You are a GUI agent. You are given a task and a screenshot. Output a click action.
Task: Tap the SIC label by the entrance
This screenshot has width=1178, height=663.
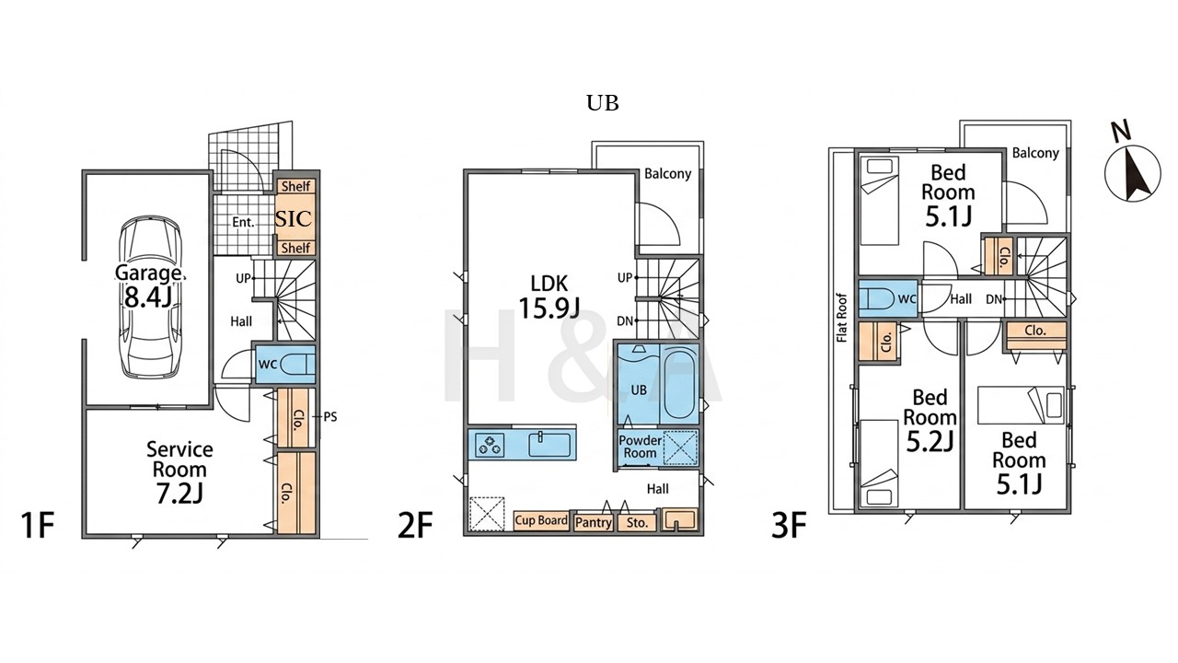294,218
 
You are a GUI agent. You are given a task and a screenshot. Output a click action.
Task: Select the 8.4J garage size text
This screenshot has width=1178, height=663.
148,297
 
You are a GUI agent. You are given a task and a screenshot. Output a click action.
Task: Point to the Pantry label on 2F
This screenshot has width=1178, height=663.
594,522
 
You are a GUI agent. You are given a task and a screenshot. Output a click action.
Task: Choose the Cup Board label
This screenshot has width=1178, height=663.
541,520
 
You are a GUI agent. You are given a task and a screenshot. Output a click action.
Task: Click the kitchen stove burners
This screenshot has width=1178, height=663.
490,445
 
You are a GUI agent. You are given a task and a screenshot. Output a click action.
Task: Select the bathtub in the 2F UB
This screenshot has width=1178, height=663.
678,385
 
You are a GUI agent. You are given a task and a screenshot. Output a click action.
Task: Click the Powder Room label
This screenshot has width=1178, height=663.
640,447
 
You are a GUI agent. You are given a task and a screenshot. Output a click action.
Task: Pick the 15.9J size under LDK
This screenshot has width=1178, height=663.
549,308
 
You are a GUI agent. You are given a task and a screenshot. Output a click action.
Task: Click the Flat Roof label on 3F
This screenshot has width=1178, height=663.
841,318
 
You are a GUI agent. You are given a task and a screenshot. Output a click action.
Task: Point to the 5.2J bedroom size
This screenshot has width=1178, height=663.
930,442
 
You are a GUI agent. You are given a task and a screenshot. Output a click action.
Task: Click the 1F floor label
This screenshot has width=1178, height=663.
38,525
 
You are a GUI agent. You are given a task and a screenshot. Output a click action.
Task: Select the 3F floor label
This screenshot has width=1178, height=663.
789,525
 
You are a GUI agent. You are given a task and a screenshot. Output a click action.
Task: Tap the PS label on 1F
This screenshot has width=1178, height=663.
329,417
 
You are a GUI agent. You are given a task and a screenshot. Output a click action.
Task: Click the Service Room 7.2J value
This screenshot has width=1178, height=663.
179,493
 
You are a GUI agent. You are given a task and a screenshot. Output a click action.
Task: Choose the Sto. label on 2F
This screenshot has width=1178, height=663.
637,522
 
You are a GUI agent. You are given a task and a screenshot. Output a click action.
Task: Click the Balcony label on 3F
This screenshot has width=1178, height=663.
1035,153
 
